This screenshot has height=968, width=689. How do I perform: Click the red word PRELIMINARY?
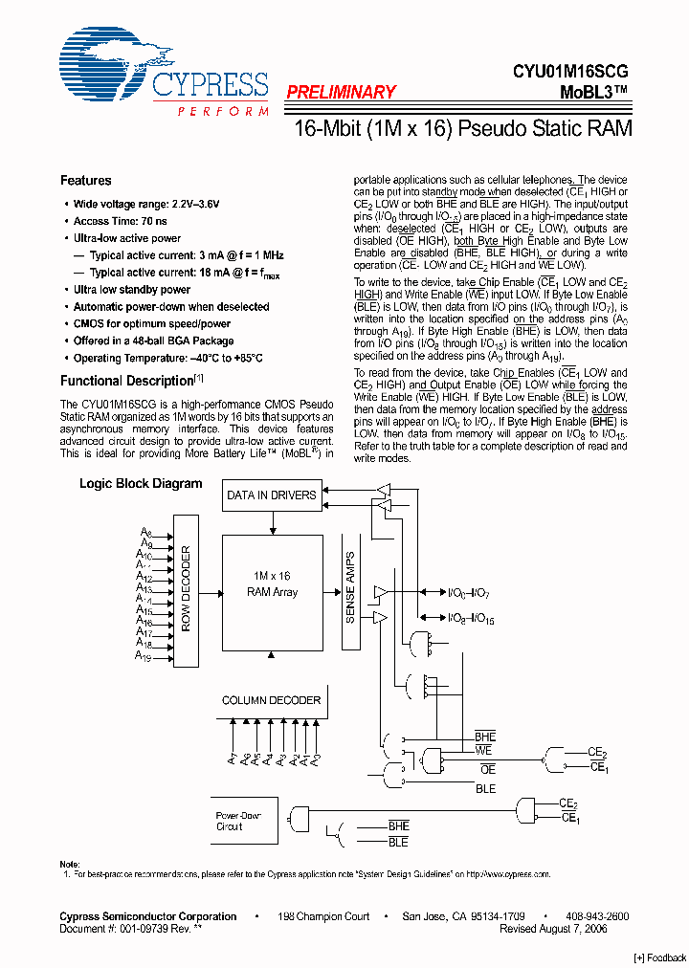pos(341,93)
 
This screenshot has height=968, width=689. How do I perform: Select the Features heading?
pos(85,181)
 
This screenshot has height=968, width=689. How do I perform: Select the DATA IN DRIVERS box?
pos(271,495)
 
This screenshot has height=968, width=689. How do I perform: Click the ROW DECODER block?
pos(186,590)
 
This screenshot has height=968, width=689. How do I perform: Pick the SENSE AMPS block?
pos(349,590)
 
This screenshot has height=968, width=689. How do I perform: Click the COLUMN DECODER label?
pos(271,701)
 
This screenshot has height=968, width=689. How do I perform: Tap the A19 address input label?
pos(143,656)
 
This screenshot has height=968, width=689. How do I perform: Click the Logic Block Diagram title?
pos(141,484)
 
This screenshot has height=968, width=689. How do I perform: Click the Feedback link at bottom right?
pos(660,958)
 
